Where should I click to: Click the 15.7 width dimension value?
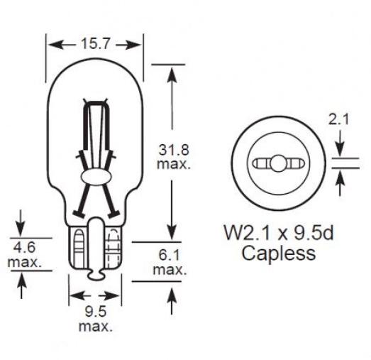pyautogui.click(x=96, y=44)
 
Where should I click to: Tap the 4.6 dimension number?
pyautogui.click(x=23, y=249)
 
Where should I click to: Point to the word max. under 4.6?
pyautogui.click(x=24, y=263)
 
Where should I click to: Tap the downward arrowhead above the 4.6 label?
pyautogui.click(x=22, y=228)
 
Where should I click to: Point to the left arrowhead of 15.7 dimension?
pyautogui.click(x=52, y=44)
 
